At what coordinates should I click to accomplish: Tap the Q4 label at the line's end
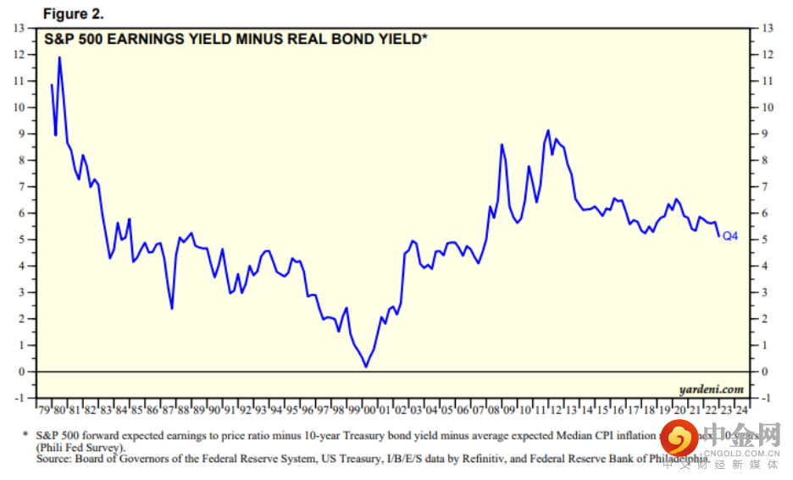(x=729, y=236)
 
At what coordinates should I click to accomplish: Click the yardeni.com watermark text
(x=711, y=389)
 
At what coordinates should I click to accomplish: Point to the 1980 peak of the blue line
(x=59, y=58)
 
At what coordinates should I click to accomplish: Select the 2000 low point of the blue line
(x=366, y=367)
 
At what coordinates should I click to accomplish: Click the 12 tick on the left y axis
(x=19, y=54)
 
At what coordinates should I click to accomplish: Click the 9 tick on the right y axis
(x=768, y=134)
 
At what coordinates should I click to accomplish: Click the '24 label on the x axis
(x=741, y=411)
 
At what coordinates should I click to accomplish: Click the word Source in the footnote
(x=53, y=459)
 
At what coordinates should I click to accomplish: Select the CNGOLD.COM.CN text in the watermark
(x=746, y=453)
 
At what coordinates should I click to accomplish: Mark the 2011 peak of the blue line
(x=548, y=130)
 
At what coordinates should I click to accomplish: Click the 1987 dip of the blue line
(x=172, y=308)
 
